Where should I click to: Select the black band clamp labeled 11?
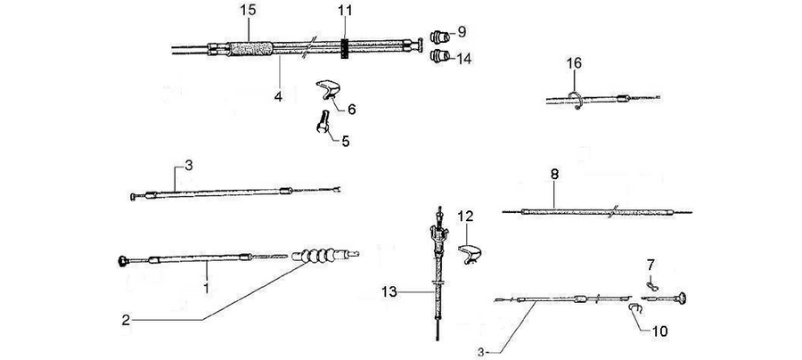[x=345, y=48]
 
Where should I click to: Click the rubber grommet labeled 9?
[x=440, y=37]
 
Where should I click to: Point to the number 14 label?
[x=463, y=60]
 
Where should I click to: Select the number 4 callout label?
[x=278, y=95]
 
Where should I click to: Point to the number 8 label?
[x=554, y=175]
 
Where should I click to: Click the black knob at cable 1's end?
[x=123, y=262]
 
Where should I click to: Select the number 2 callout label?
[x=126, y=321]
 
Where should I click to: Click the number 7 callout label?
[x=651, y=266]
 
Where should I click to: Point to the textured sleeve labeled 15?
[x=250, y=49]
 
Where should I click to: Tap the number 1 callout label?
[x=206, y=289]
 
